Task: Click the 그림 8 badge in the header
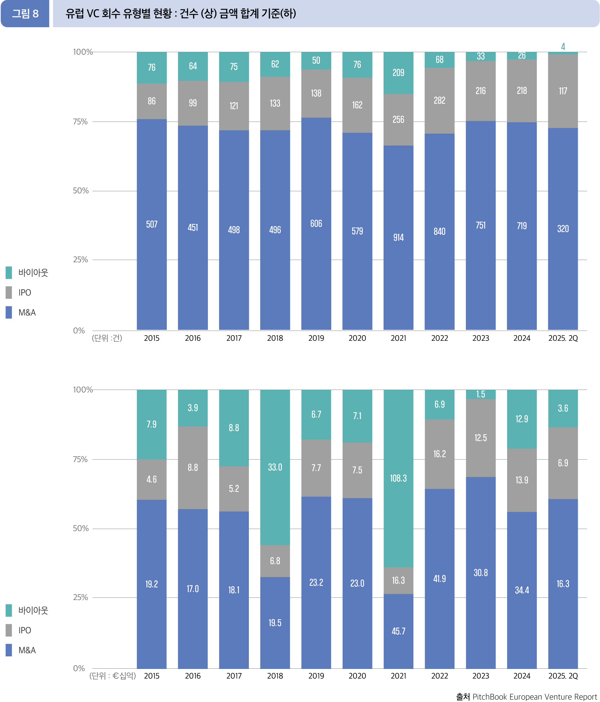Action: pos(25,14)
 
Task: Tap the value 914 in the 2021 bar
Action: pos(398,238)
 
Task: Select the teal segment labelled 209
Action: pos(398,73)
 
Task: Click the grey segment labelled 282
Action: pos(439,100)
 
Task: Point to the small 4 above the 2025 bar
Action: pos(563,47)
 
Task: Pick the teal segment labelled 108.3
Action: pos(398,478)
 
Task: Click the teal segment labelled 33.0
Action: pos(275,467)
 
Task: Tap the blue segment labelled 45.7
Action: pos(398,631)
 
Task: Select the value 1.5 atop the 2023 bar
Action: pos(481,394)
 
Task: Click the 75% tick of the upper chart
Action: pos(80,122)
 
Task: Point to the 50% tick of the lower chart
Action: pos(81,528)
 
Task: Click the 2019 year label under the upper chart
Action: pos(316,338)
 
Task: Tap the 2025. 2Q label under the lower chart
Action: pos(563,676)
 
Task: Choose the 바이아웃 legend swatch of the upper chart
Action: pos(9,272)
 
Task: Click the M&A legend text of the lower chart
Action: pos(27,650)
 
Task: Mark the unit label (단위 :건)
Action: pos(107,338)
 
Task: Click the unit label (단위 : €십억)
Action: pos(112,676)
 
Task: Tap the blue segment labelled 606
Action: pos(316,223)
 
